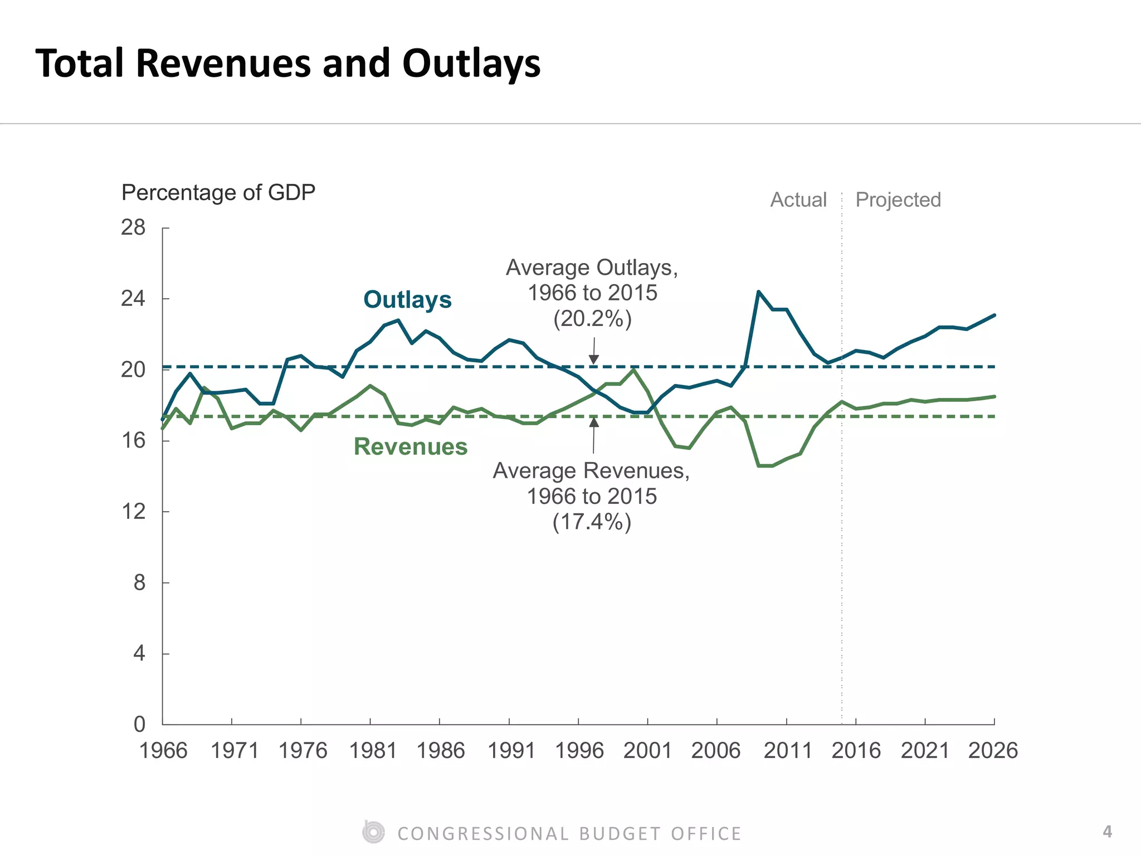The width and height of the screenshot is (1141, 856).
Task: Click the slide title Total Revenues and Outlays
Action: tap(287, 63)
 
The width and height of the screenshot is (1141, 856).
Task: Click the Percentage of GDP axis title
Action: tap(218, 192)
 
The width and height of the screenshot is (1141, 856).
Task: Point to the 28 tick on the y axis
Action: tap(133, 227)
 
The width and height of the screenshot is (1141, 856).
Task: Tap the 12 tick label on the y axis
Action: tap(133, 511)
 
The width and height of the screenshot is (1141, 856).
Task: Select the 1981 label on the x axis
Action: tap(372, 751)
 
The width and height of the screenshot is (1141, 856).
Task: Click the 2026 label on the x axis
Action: tap(993, 751)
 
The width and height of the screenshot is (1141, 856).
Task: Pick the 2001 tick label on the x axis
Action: tap(647, 751)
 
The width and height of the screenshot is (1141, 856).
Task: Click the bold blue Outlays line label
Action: tap(407, 299)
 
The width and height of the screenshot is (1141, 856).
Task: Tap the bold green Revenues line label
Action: tap(411, 446)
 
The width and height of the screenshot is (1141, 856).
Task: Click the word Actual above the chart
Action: tap(798, 200)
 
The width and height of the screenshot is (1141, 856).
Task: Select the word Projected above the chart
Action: tap(898, 200)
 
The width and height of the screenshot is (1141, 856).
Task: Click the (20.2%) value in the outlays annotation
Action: tap(592, 319)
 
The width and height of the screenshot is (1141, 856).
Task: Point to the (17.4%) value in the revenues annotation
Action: tap(592, 522)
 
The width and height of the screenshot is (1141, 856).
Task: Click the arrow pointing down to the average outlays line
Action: tap(594, 352)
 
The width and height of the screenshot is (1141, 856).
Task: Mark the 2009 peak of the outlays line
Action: tap(758, 291)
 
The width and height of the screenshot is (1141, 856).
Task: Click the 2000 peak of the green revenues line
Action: tap(633, 369)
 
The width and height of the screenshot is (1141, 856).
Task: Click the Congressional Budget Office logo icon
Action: tap(373, 833)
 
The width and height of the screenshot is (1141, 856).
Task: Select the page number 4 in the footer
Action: tap(1107, 831)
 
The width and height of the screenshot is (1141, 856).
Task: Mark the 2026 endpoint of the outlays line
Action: tap(994, 315)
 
